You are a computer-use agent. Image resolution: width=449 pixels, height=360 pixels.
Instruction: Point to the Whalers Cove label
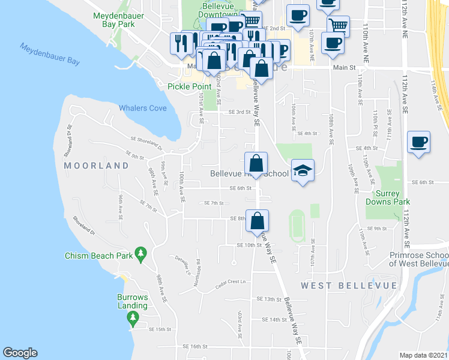pyautogui.click(x=142, y=108)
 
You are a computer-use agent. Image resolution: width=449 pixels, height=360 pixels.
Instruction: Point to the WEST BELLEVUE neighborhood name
pyautogui.click(x=349, y=285)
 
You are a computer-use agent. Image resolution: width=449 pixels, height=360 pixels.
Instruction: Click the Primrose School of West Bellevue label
pyautogui.click(x=419, y=258)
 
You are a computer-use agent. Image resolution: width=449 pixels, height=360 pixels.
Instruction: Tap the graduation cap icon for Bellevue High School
pyautogui.click(x=303, y=170)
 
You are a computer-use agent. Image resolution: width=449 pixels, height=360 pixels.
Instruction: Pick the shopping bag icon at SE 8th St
pyautogui.click(x=257, y=221)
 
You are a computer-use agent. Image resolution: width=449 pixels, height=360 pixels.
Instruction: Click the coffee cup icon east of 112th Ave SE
pyautogui.click(x=418, y=143)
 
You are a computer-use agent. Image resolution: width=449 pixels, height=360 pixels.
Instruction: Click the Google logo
pyautogui.click(x=20, y=353)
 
